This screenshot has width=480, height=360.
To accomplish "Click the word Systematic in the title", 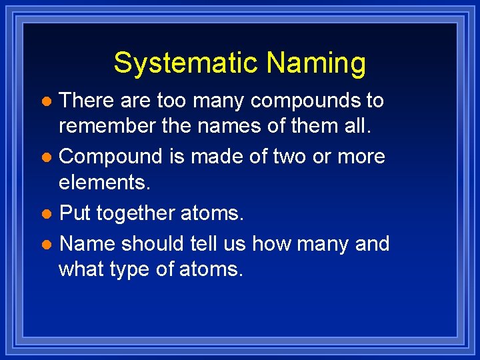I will (x=187, y=63).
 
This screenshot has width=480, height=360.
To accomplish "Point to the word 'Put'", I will (x=75, y=214).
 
